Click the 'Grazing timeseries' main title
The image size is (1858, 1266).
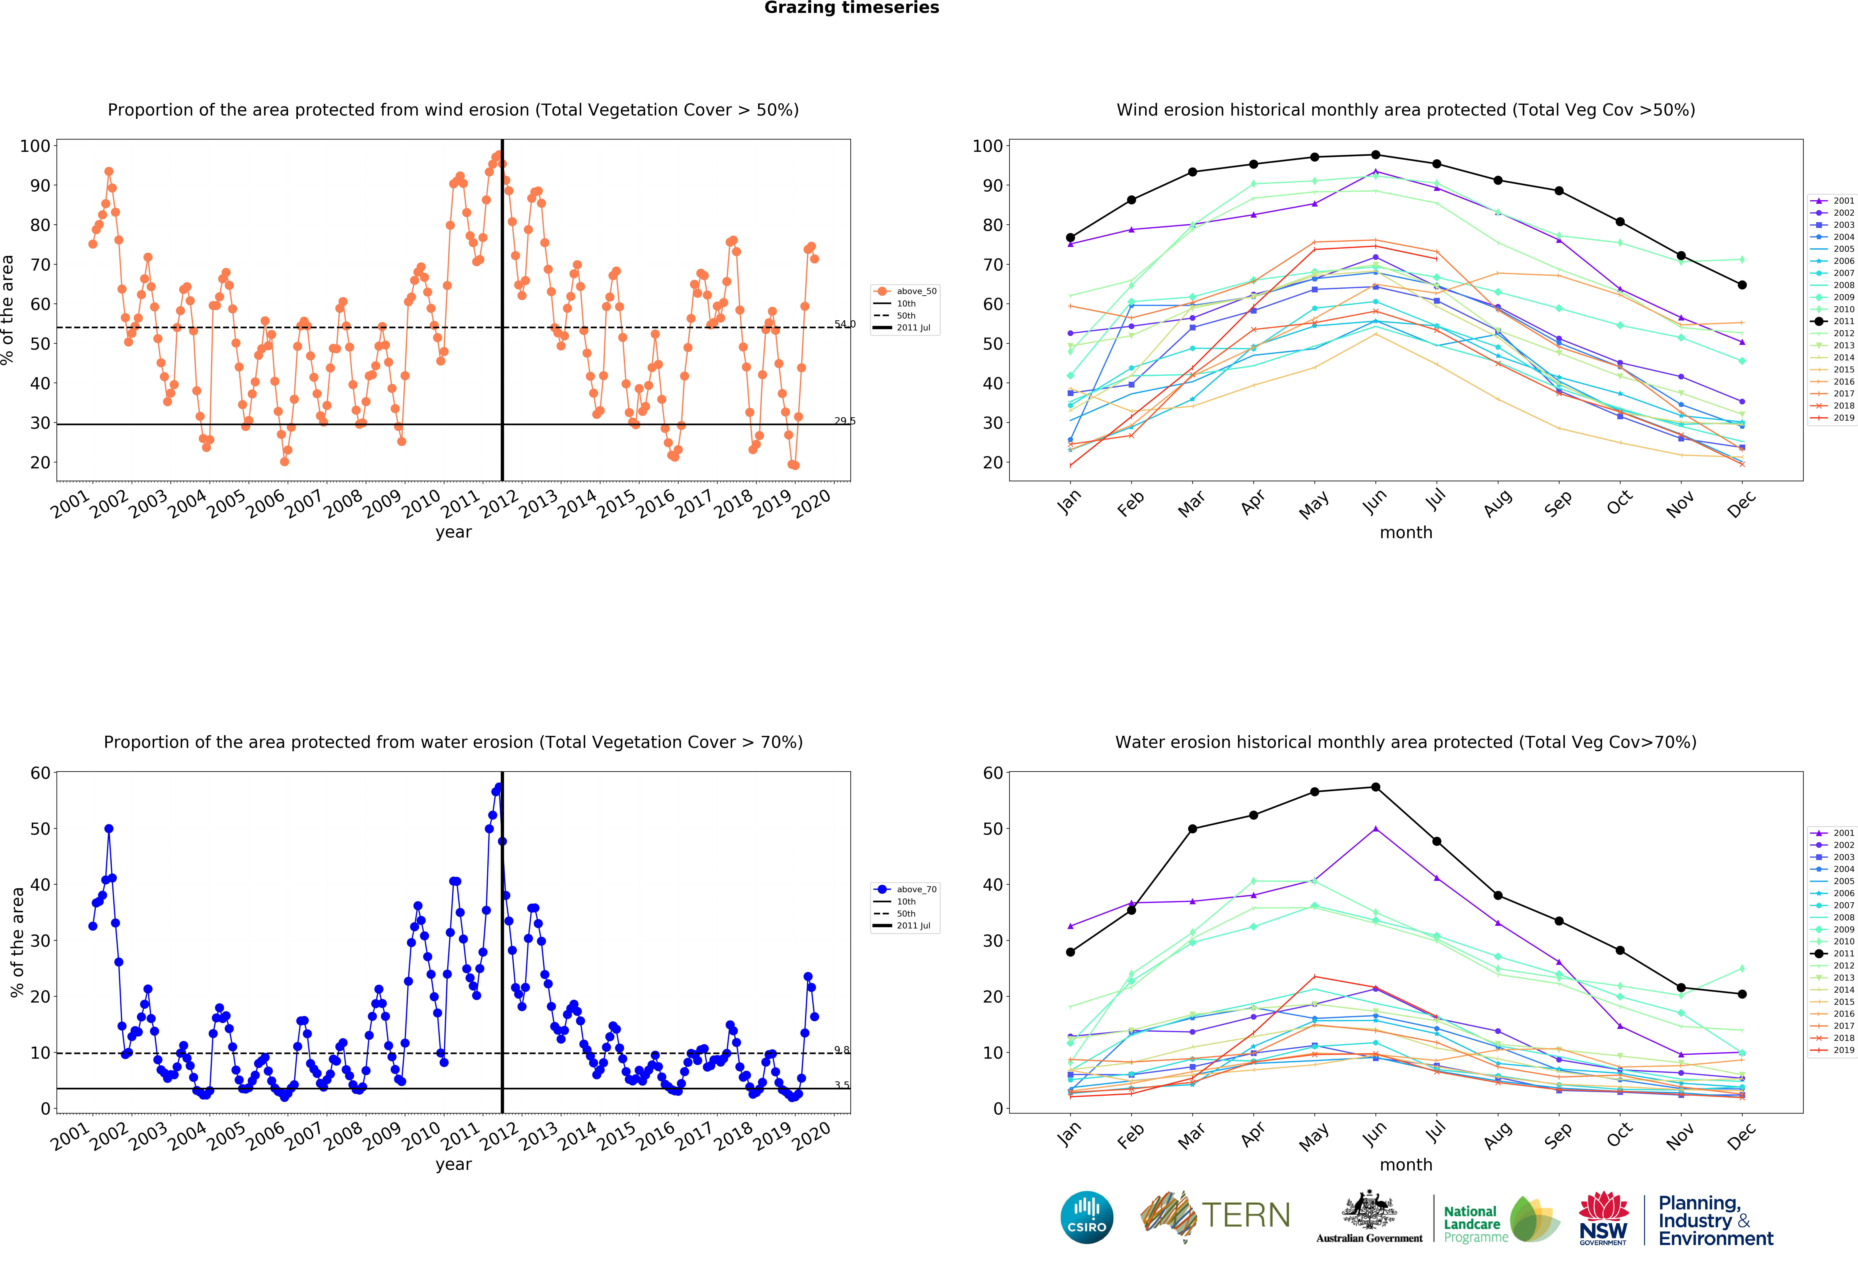(851, 8)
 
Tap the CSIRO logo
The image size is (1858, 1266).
(1086, 1217)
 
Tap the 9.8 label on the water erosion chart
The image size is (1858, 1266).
(842, 1049)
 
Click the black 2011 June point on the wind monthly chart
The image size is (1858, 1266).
(1375, 155)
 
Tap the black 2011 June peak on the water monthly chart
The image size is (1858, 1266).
(1375, 787)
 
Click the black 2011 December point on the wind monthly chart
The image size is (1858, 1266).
(1741, 285)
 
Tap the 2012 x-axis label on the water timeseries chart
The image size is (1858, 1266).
(499, 1135)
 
